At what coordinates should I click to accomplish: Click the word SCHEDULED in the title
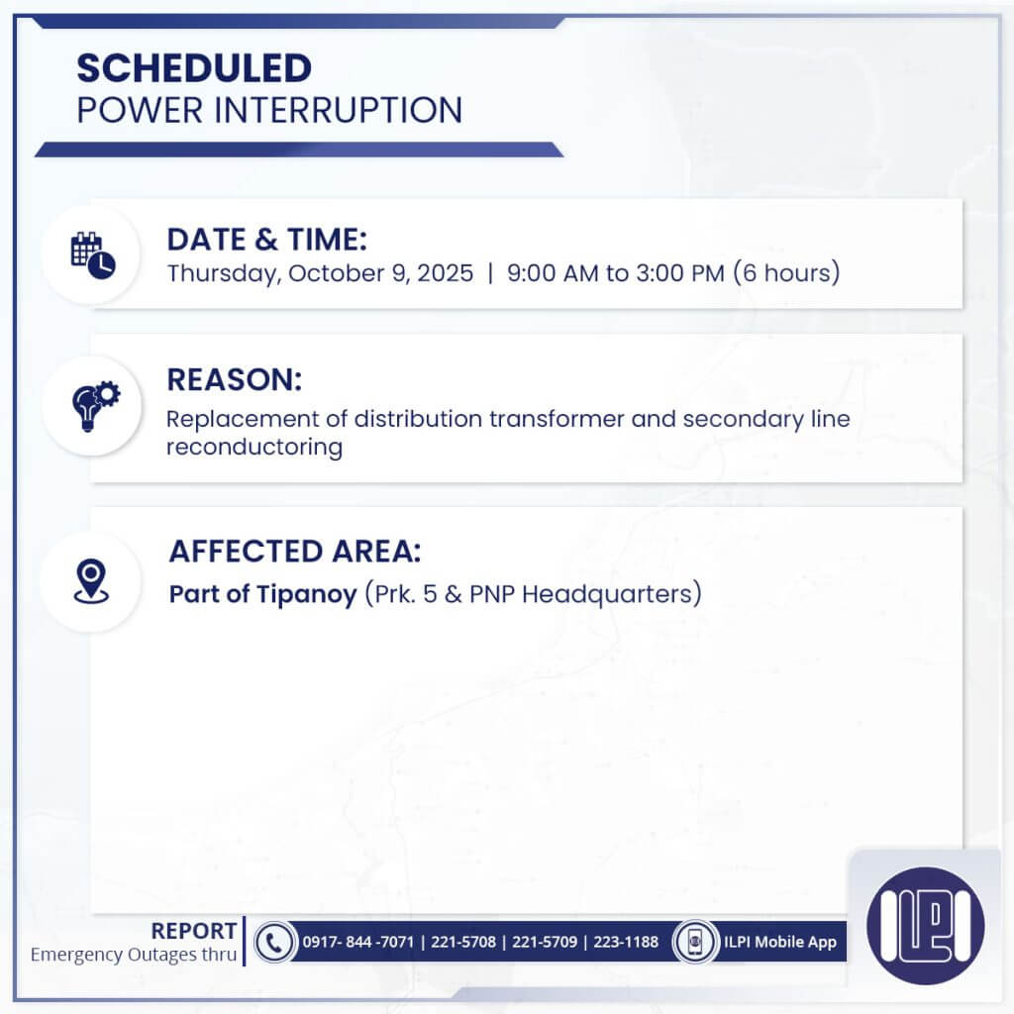click(194, 68)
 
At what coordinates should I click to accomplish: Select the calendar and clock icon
click(92, 254)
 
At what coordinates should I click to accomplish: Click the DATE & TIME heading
click(266, 240)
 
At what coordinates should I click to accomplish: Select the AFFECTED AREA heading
click(301, 551)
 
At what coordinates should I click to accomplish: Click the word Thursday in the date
click(223, 273)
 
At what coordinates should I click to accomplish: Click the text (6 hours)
click(786, 273)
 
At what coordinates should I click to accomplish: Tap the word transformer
click(554, 419)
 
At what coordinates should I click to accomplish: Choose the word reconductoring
click(254, 447)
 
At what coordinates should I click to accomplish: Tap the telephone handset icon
click(273, 942)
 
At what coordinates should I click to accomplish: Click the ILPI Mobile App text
click(778, 942)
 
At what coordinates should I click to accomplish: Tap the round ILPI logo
click(925, 925)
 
